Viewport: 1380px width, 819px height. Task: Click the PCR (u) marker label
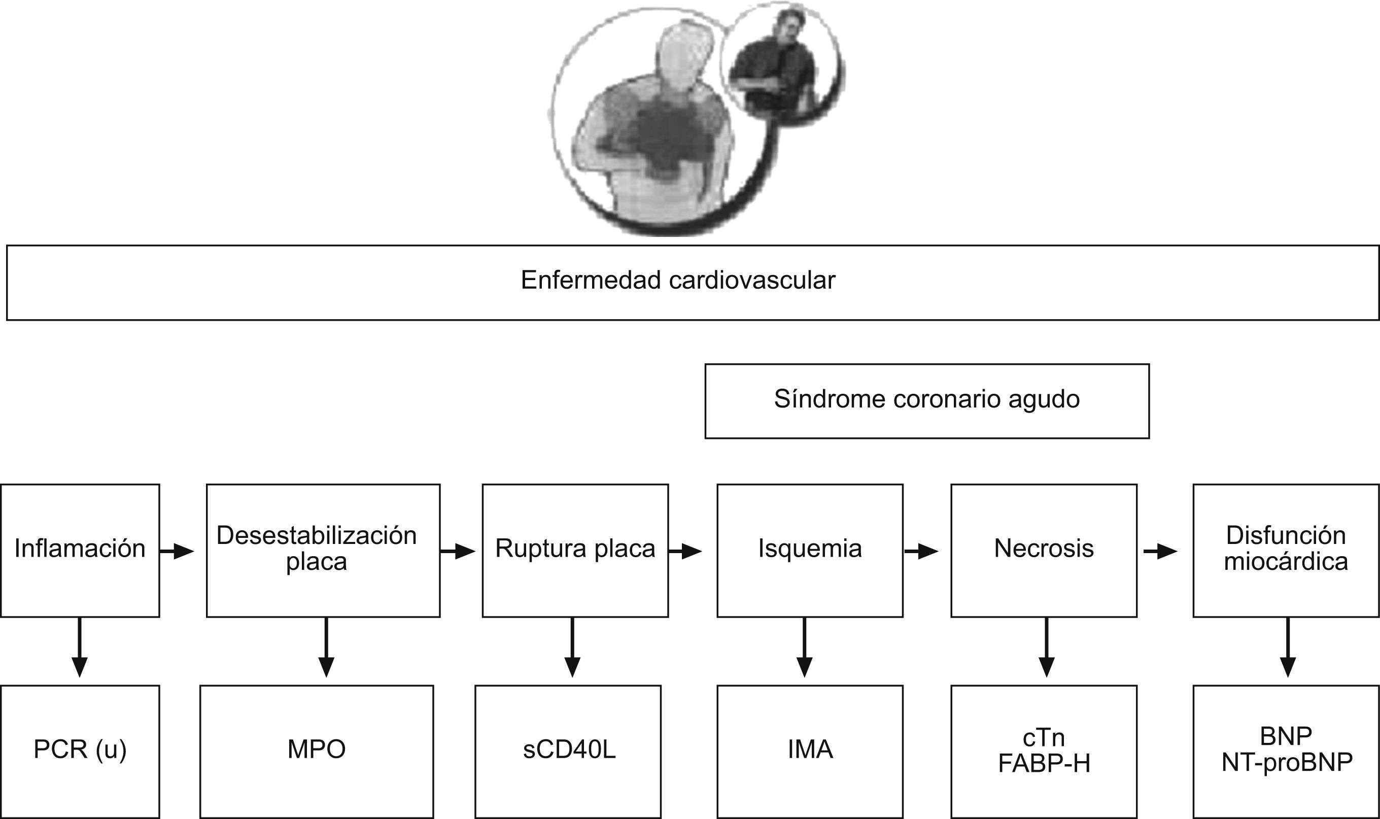[x=80, y=749]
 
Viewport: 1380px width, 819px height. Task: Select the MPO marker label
[x=317, y=749]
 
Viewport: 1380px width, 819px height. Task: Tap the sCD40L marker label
[x=569, y=749]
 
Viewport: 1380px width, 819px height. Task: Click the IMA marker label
[x=810, y=749]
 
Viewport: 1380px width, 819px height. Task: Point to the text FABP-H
[x=1044, y=764]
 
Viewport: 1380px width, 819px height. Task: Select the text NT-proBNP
[x=1287, y=762]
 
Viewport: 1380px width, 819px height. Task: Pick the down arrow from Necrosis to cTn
[x=1046, y=647]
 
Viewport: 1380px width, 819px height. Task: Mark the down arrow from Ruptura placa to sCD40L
[x=572, y=647]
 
